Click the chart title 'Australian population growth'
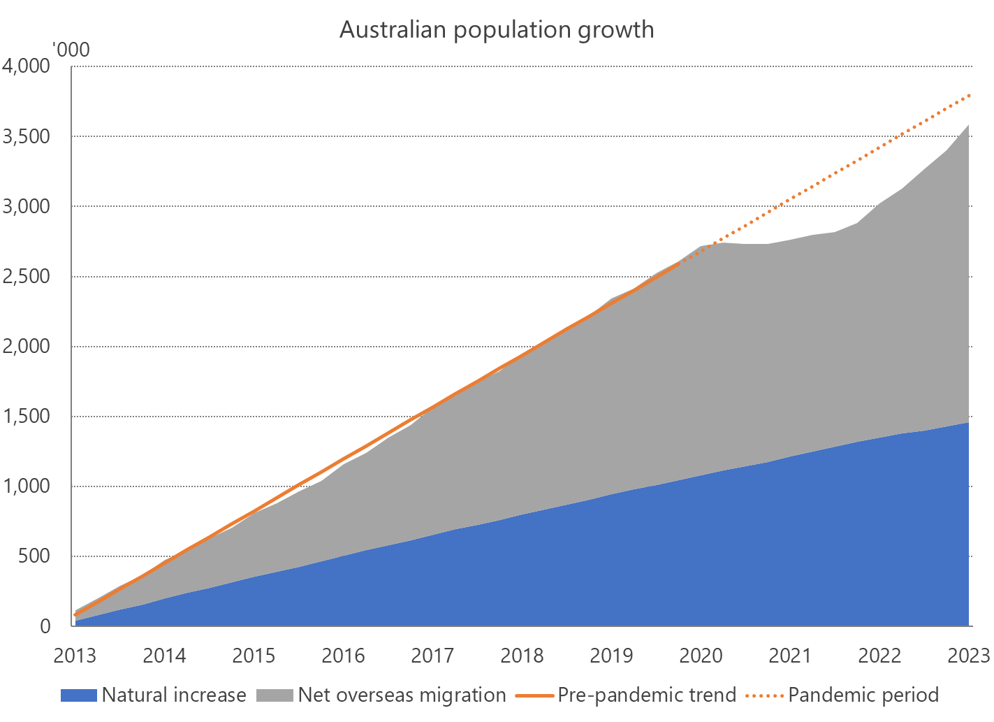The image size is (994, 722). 497,30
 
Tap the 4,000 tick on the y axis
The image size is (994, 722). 27,66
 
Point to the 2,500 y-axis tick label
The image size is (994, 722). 27,276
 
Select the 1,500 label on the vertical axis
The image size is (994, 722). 27,416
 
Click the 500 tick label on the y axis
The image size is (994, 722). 35,556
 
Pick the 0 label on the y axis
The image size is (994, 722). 45,626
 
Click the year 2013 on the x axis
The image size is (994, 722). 75,656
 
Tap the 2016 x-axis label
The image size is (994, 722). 343,656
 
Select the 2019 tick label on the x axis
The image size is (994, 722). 611,656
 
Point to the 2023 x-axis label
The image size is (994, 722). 969,656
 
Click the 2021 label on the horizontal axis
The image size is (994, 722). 790,656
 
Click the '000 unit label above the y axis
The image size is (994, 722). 71,50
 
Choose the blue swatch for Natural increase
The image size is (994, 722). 78,695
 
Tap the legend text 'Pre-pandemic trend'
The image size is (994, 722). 647,695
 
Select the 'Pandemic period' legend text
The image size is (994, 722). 863,695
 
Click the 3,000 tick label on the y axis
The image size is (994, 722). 27,206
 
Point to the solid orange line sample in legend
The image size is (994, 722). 534,695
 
